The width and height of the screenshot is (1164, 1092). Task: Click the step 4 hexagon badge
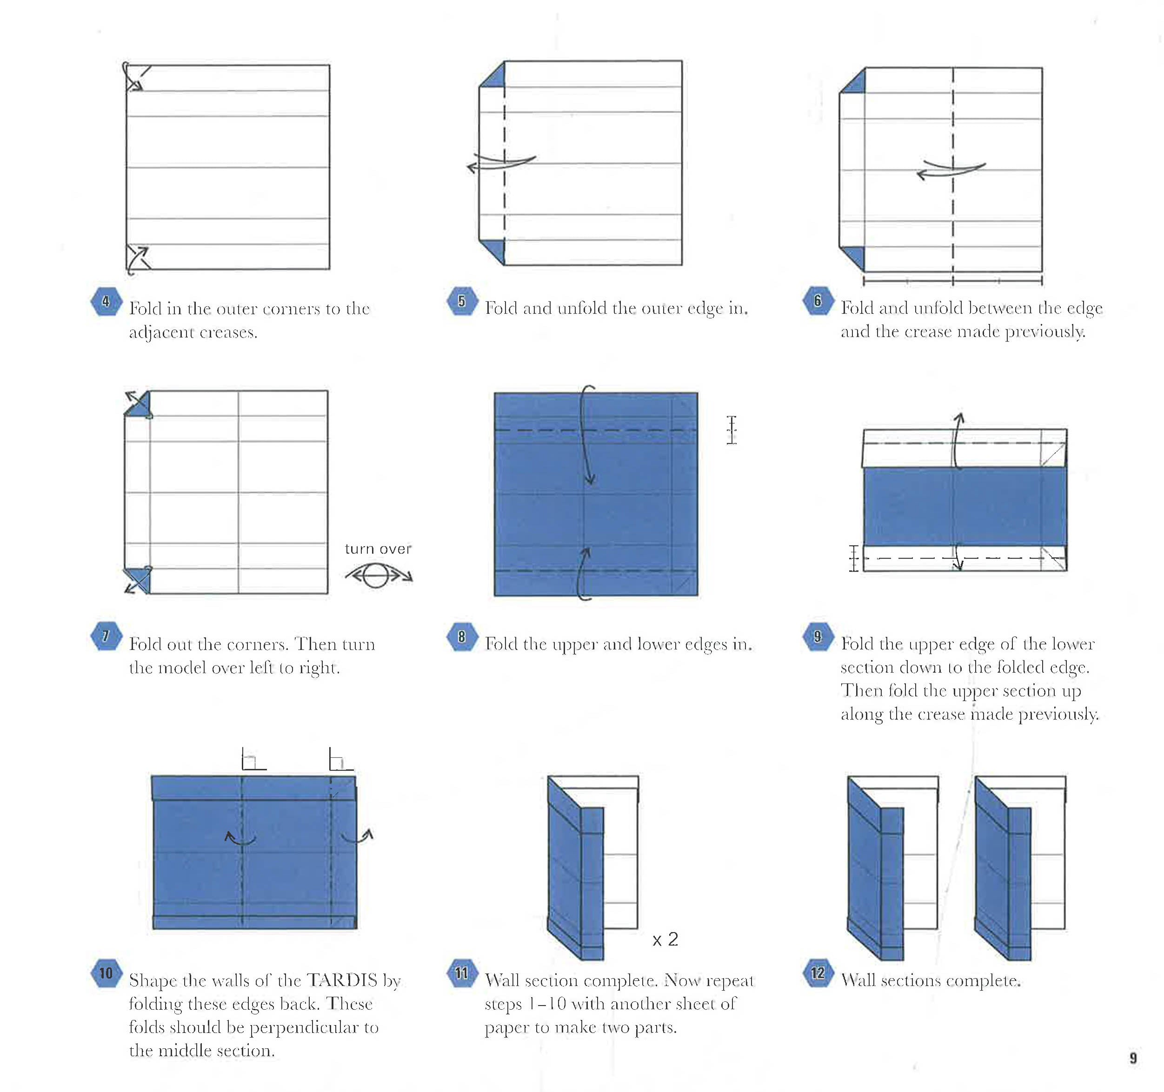[x=106, y=302]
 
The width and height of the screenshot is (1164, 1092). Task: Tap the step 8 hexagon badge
[x=462, y=637]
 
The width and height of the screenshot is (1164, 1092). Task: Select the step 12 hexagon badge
[x=818, y=973]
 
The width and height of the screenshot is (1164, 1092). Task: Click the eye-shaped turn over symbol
[x=378, y=576]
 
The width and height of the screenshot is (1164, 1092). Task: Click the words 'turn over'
[x=378, y=549]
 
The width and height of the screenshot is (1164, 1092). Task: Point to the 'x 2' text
[x=665, y=939]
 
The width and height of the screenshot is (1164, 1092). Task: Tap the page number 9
[x=1133, y=1058]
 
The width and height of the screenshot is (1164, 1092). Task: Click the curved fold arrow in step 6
[x=951, y=170]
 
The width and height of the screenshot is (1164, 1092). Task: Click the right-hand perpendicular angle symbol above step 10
[x=339, y=760]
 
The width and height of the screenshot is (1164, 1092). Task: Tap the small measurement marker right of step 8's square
[x=732, y=430]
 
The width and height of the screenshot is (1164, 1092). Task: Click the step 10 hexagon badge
[x=106, y=973]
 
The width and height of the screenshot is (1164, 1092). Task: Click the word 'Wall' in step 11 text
[x=502, y=980]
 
